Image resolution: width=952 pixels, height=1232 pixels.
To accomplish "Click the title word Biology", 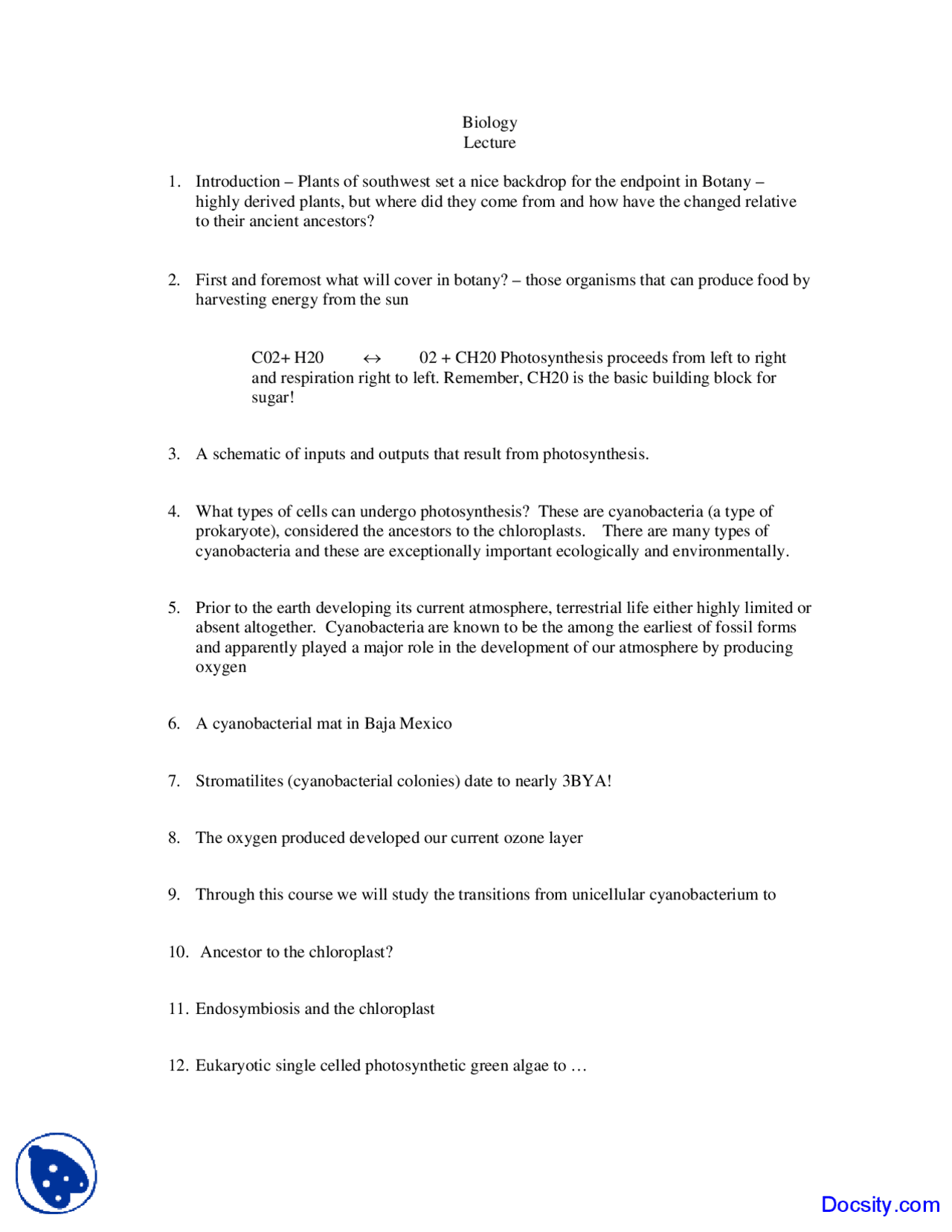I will (x=489, y=123).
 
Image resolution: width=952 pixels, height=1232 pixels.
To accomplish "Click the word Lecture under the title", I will (x=489, y=143).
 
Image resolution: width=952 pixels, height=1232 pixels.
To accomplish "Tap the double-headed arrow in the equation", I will (x=372, y=359).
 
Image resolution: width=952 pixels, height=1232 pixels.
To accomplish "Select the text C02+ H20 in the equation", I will (x=287, y=358).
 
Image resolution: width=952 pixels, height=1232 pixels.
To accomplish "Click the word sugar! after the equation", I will (x=272, y=398).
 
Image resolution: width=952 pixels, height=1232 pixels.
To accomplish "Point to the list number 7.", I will (x=174, y=781).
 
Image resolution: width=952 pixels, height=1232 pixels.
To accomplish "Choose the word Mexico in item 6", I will (x=425, y=724).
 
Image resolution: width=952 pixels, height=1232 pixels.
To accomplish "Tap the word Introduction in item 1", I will (x=237, y=182).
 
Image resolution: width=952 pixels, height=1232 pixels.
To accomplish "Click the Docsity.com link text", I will (x=880, y=1204).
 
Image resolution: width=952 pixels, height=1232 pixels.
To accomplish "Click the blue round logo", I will (x=57, y=1173).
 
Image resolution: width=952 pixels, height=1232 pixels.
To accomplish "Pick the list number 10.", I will (x=178, y=952).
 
